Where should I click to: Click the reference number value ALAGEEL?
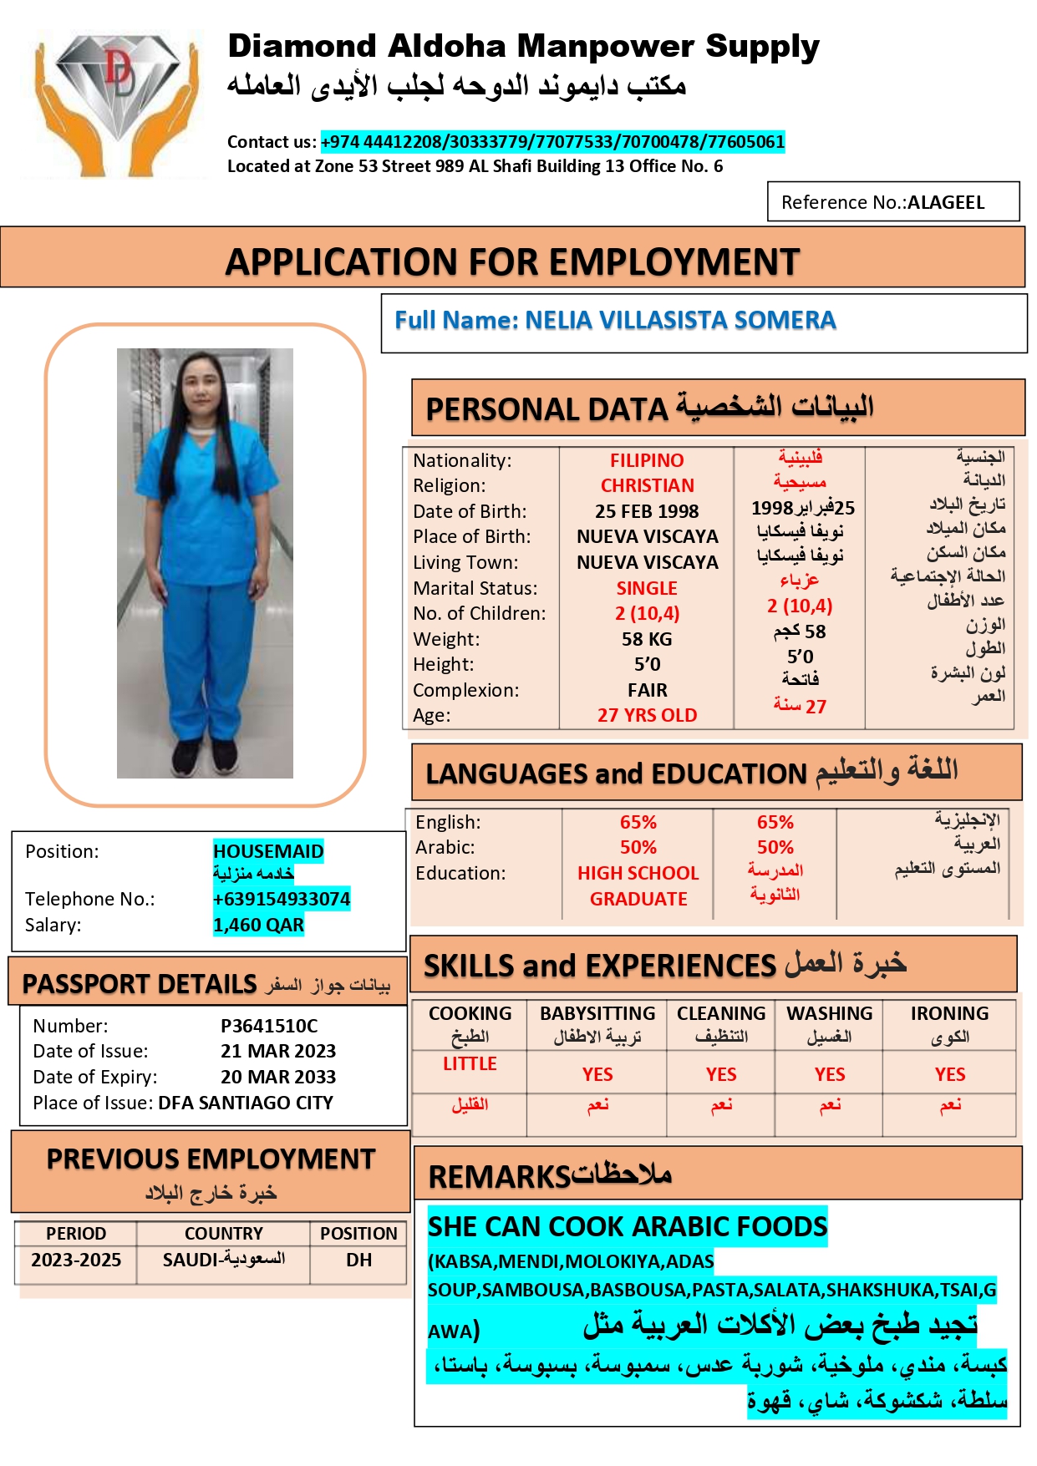click(x=946, y=202)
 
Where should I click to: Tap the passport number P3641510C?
click(x=269, y=1026)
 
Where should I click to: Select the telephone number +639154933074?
click(x=282, y=899)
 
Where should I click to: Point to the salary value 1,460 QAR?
click(x=258, y=925)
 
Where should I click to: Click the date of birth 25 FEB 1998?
click(x=647, y=511)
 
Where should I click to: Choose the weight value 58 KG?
click(x=647, y=639)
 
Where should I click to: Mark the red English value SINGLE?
click(x=647, y=588)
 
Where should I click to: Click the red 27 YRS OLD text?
click(x=647, y=715)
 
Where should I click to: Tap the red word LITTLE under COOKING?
click(x=470, y=1063)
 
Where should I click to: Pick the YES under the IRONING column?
click(x=950, y=1074)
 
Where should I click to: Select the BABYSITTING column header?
click(x=597, y=1013)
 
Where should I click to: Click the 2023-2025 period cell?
click(x=76, y=1260)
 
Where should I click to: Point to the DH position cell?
click(x=358, y=1260)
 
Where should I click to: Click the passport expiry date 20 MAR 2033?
click(x=278, y=1077)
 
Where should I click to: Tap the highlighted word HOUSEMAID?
click(x=268, y=851)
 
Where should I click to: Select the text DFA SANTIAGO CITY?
click(x=246, y=1103)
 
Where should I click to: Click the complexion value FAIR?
click(x=647, y=690)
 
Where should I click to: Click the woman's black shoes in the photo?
click(x=206, y=757)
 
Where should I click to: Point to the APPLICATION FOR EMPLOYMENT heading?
click(x=512, y=262)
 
